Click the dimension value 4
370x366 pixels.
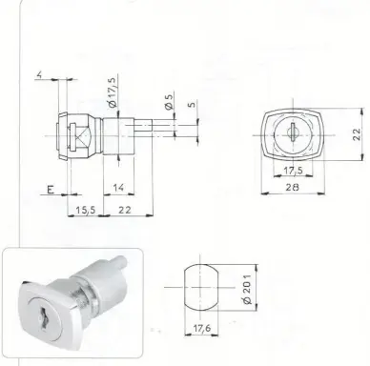pyautogui.click(x=39, y=75)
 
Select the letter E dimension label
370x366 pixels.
pyautogui.click(x=51, y=190)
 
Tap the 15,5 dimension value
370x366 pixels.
pyautogui.click(x=86, y=210)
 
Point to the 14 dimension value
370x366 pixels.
pyautogui.click(x=118, y=188)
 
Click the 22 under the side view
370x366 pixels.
pyautogui.click(x=125, y=210)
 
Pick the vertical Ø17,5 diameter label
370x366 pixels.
pyautogui.click(x=113, y=92)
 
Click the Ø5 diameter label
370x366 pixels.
pyautogui.click(x=169, y=101)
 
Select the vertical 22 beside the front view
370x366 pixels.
pyautogui.click(x=357, y=134)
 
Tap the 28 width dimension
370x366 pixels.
pyautogui.click(x=292, y=187)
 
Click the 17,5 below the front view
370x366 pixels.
pyautogui.click(x=294, y=171)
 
